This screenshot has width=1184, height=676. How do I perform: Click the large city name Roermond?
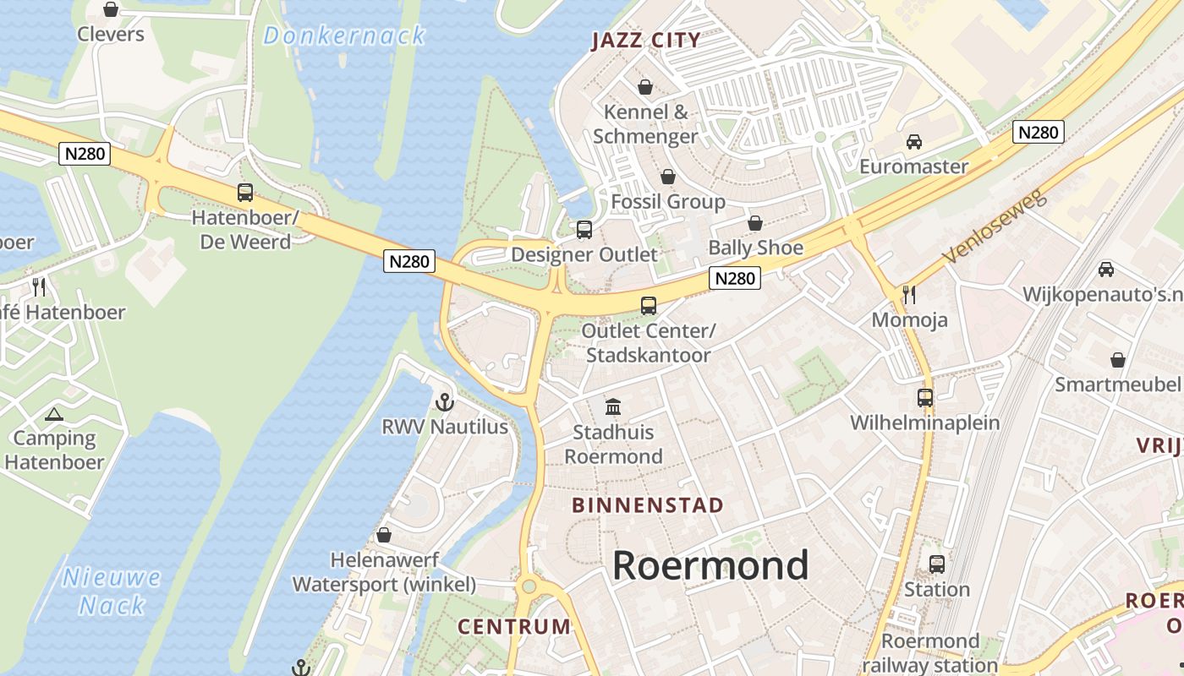[710, 565]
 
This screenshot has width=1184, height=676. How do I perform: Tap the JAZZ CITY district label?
[646, 40]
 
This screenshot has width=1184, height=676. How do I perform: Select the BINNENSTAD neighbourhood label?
[648, 505]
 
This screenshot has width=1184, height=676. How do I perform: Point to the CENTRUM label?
[514, 626]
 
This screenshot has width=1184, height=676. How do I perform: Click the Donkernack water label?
[344, 35]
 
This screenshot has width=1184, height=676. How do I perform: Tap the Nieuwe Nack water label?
[112, 591]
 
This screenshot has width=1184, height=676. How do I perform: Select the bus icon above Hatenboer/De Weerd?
[245, 192]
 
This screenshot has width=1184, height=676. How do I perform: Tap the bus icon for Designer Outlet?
[584, 229]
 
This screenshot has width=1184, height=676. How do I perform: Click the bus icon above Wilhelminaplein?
[925, 397]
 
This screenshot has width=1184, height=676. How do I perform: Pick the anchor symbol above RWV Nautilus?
[445, 401]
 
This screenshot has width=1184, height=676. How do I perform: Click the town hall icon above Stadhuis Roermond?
[613, 407]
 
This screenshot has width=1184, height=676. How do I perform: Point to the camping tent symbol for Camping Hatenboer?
[54, 414]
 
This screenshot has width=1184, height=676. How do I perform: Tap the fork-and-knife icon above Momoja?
[909, 294]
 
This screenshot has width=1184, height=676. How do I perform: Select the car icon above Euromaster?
[913, 141]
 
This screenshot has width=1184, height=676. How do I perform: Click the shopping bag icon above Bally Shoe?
[755, 223]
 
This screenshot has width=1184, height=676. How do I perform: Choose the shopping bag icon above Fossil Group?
[668, 177]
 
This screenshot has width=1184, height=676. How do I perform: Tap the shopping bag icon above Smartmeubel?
[1118, 360]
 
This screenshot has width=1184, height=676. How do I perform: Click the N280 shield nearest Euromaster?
[1038, 132]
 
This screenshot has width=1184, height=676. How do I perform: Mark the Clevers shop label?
[111, 34]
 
